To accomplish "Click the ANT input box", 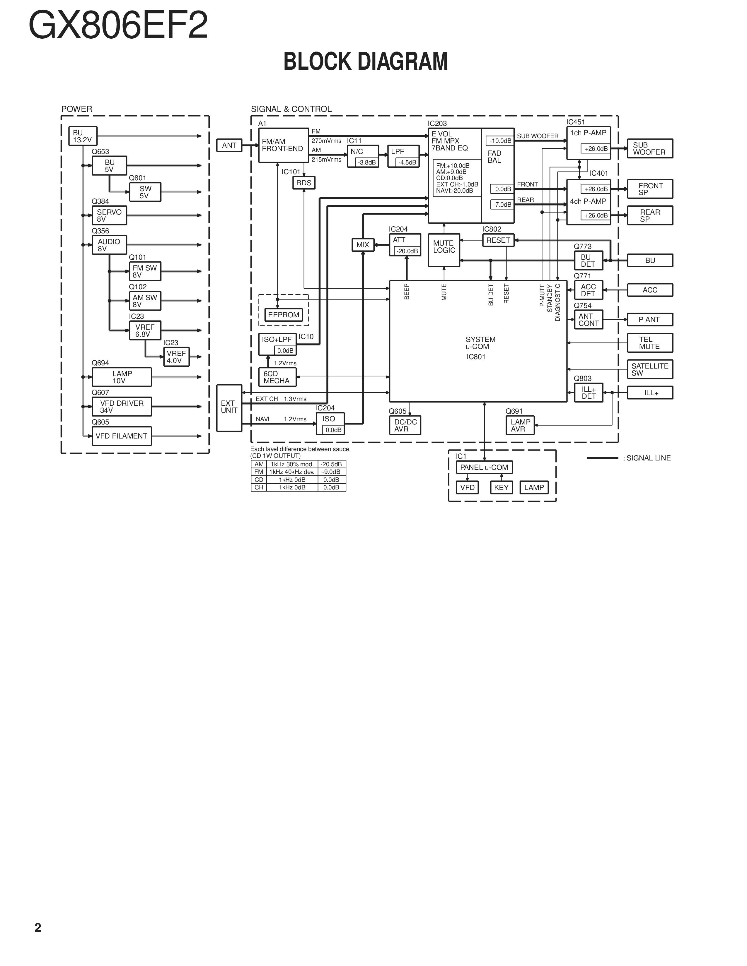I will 229,145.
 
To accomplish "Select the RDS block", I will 303,183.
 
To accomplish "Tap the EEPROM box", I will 284,315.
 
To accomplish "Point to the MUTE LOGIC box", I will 444,250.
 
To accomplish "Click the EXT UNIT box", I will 229,407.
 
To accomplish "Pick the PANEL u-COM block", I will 484,467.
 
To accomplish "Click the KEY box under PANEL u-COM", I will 502,487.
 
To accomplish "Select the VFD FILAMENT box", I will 122,436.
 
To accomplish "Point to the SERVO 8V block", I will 109,215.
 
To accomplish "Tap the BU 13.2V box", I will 83,136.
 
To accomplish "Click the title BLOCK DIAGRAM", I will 366,61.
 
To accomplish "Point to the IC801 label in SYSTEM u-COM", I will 476,357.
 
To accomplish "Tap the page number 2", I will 38,928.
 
